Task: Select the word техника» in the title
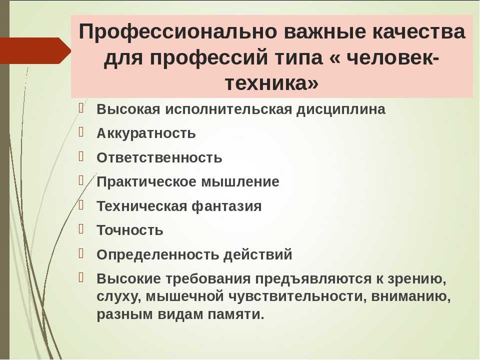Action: point(272,83)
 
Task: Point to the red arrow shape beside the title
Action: point(35,51)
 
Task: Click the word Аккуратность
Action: point(146,133)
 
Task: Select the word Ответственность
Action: point(159,157)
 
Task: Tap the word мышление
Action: point(240,182)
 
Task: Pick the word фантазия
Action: point(226,206)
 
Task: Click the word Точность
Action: point(130,230)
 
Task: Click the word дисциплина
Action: point(340,109)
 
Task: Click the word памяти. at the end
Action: point(236,314)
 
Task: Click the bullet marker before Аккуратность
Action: point(81,131)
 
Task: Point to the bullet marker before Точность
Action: point(81,228)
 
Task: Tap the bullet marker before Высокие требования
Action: point(81,277)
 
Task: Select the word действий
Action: point(258,254)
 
